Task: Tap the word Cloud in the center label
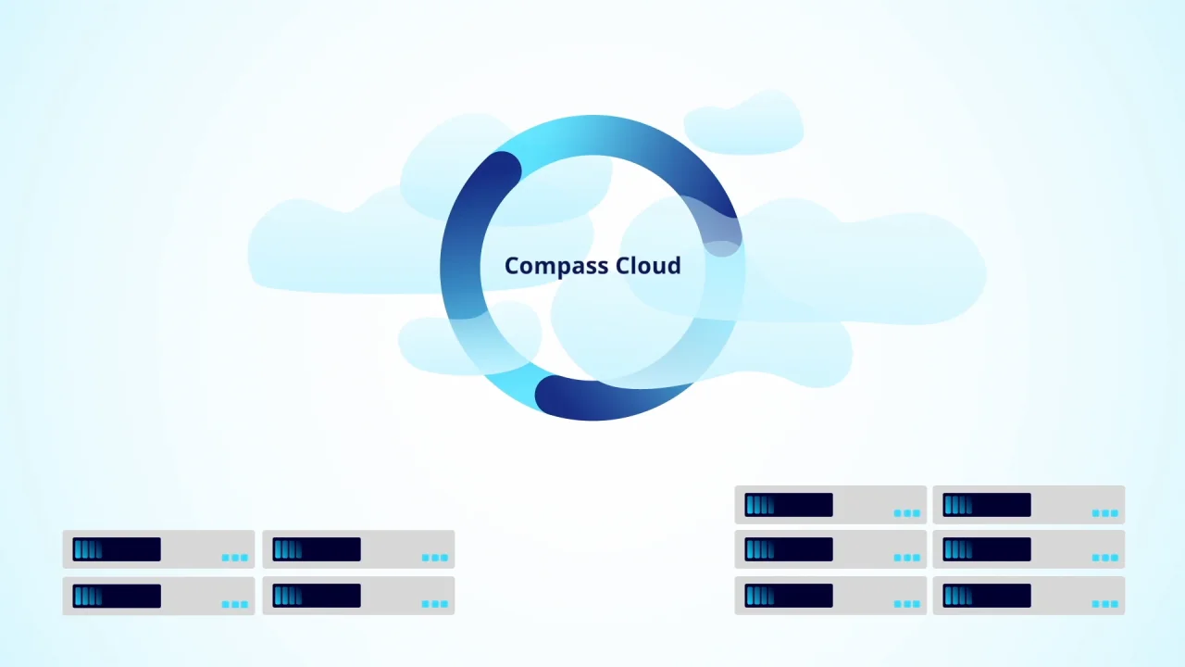click(x=647, y=266)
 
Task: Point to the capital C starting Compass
click(x=512, y=267)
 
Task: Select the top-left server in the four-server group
click(x=158, y=549)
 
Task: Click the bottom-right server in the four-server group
click(x=358, y=596)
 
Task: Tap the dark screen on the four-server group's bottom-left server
click(x=117, y=596)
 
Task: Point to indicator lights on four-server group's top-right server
click(x=434, y=558)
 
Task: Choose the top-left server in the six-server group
click(x=830, y=505)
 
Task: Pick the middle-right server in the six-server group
click(x=1029, y=549)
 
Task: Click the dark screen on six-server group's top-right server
click(x=987, y=505)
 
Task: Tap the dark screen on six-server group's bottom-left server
click(x=789, y=596)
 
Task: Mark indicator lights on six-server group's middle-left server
click(x=906, y=558)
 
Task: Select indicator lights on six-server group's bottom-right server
click(x=1104, y=604)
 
